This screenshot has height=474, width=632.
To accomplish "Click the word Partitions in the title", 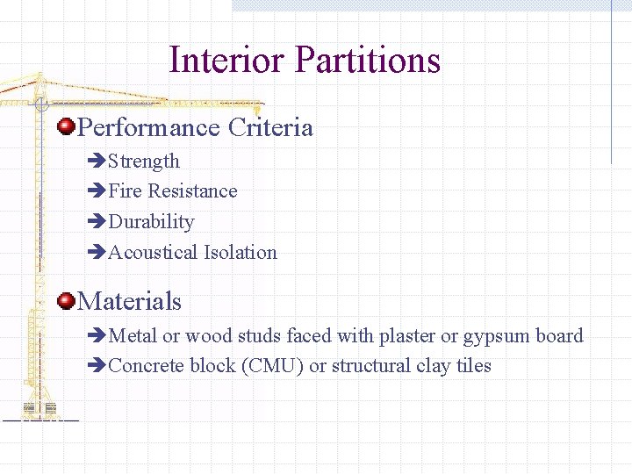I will pyautogui.click(x=368, y=61).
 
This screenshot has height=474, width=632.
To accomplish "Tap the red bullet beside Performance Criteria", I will pyautogui.click(x=66, y=128).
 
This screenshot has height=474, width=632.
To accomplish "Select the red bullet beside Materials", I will pyautogui.click(x=66, y=302).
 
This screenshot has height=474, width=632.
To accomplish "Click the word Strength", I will pyautogui.click(x=144, y=162).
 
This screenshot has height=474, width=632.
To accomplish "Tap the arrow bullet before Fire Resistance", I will pyautogui.click(x=97, y=191).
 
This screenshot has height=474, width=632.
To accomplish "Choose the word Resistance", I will pyautogui.click(x=193, y=191).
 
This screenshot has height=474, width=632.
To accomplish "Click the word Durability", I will pyautogui.click(x=151, y=222).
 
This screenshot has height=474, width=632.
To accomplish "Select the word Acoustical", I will pyautogui.click(x=154, y=253).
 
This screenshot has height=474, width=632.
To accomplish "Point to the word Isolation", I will pyautogui.click(x=241, y=253).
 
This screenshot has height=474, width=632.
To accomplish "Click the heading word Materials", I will pyautogui.click(x=130, y=302).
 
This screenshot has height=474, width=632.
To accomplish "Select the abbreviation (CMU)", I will pyautogui.click(x=272, y=366).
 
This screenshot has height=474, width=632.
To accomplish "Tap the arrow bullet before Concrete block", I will pyautogui.click(x=97, y=366).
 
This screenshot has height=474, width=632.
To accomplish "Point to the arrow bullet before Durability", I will pyautogui.click(x=97, y=222).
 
